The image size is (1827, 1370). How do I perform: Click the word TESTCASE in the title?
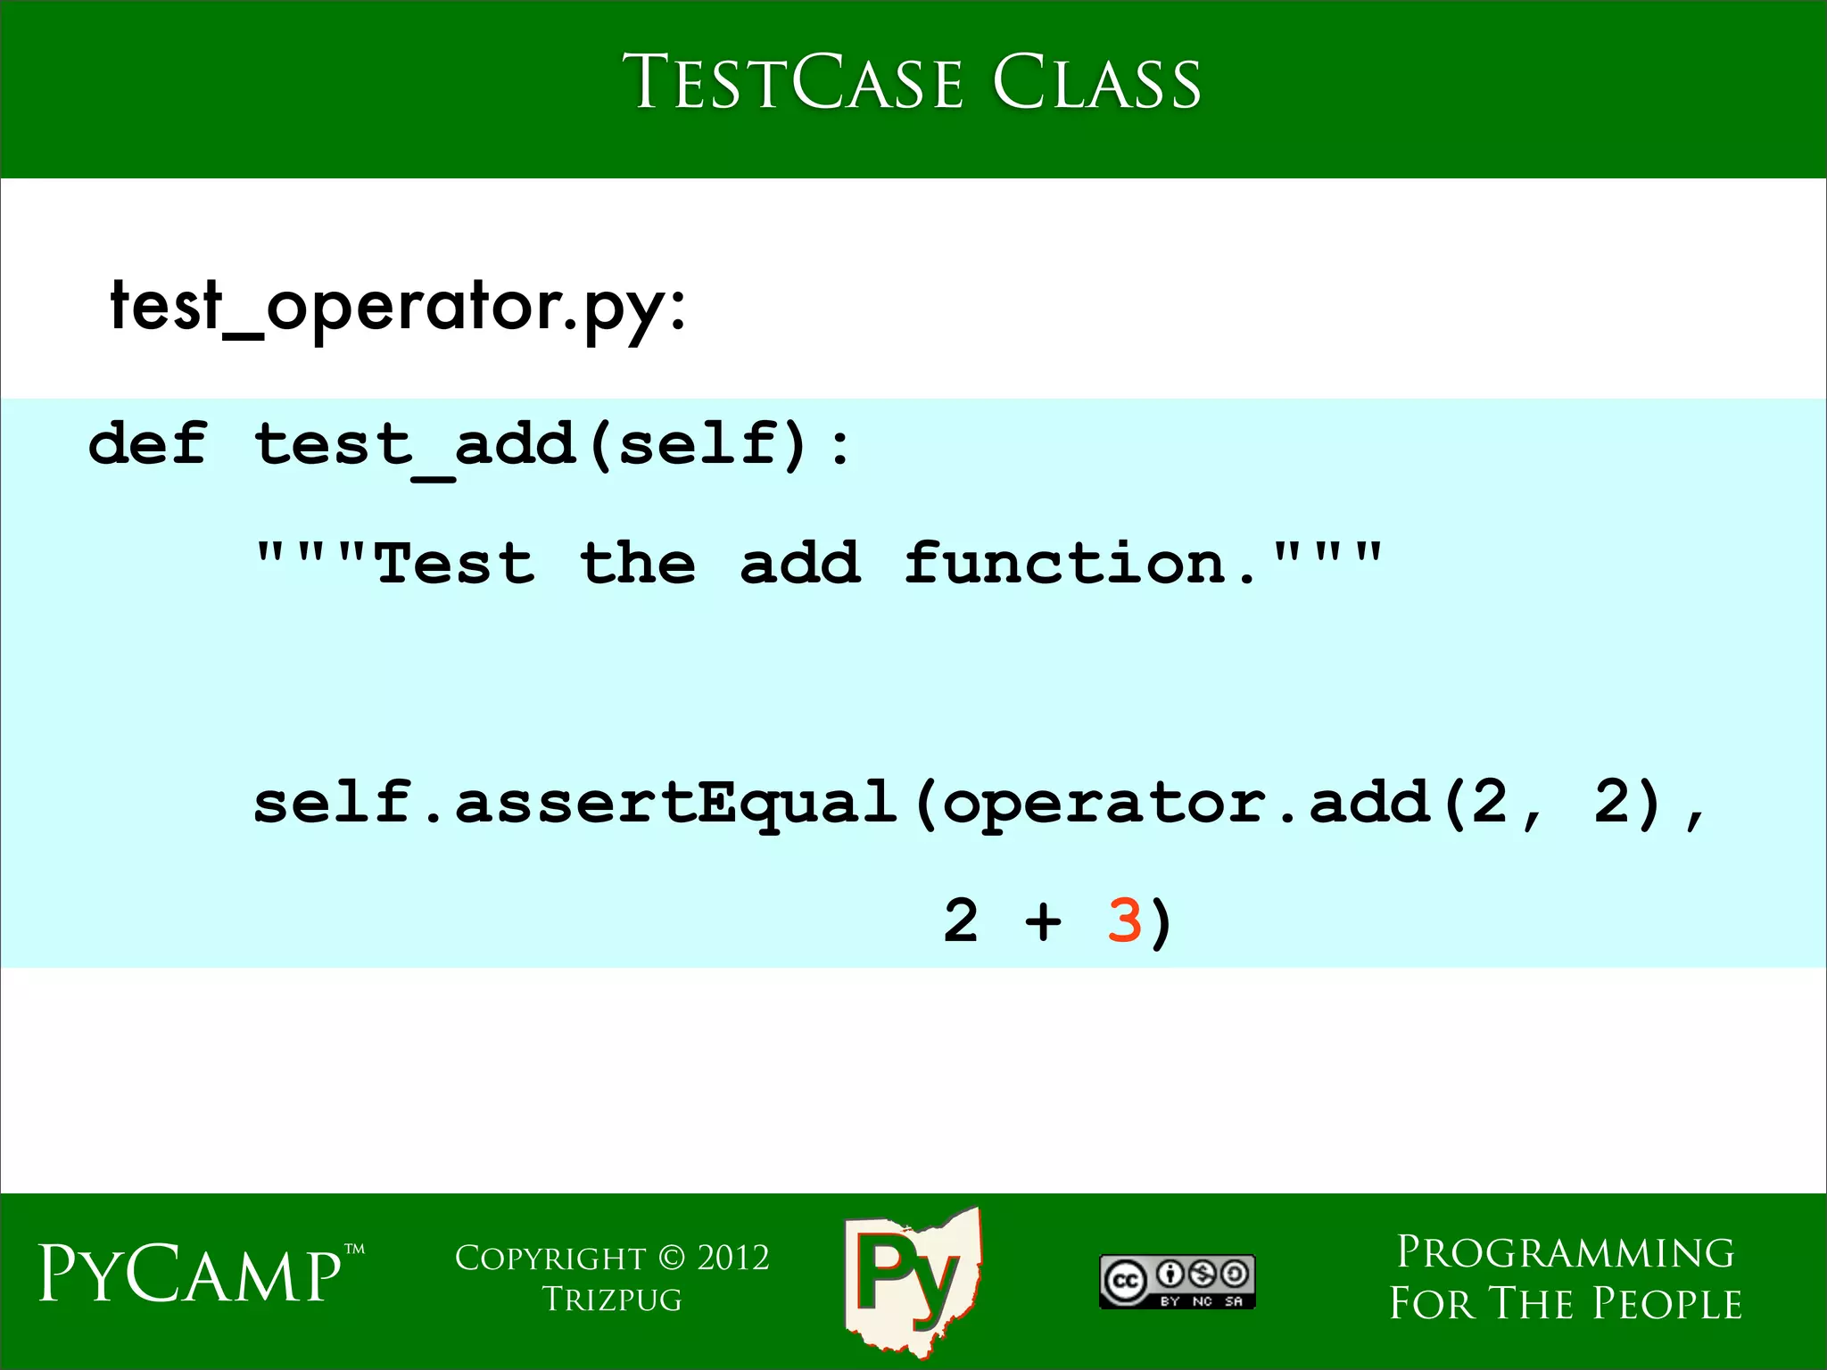point(792,82)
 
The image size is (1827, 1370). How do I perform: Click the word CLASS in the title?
point(1096,82)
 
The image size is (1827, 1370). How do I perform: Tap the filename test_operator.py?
point(397,306)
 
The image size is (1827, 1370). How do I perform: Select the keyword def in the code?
point(148,443)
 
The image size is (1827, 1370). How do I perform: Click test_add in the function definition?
point(415,445)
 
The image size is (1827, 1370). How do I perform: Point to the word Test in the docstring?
point(455,564)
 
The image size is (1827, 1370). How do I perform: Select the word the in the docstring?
point(637,564)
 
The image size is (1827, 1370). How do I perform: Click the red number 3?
point(1124,920)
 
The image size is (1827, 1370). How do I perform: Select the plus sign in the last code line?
point(1043,921)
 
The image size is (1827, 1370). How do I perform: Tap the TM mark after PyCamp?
point(354,1250)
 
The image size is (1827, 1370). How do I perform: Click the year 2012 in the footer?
point(732,1259)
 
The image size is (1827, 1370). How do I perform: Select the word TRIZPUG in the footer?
point(612,1300)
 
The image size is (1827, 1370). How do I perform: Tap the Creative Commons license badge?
point(1177,1282)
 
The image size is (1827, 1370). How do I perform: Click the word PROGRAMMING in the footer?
point(1565,1253)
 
